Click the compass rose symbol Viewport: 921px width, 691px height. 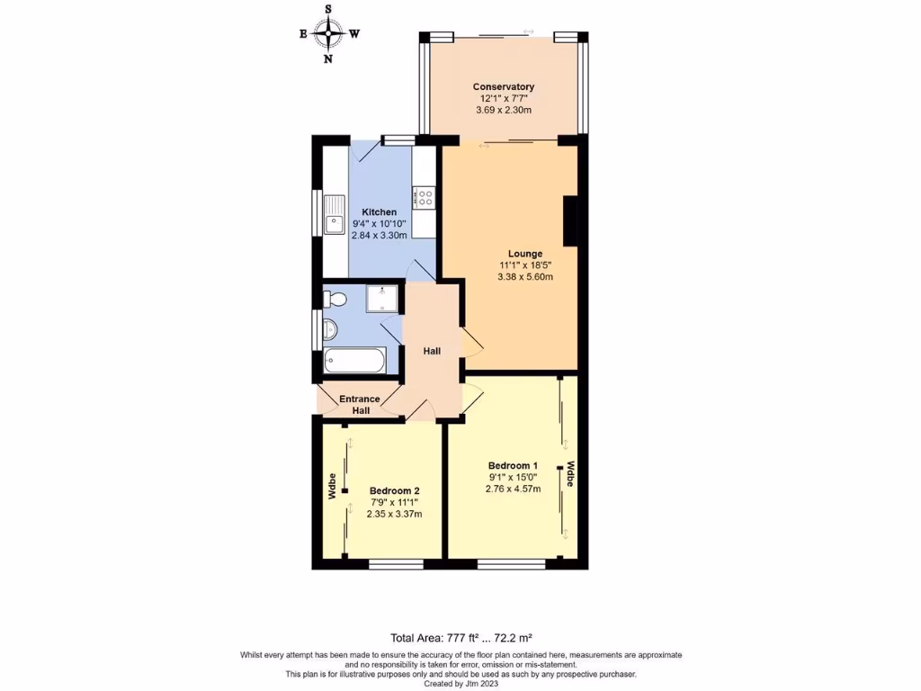(329, 34)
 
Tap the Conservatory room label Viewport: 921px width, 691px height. (504, 87)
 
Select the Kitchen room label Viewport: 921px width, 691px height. (379, 212)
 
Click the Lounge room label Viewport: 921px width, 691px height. (524, 254)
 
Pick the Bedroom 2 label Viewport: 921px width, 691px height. (394, 491)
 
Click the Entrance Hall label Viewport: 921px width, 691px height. (360, 405)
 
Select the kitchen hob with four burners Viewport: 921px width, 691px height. (425, 196)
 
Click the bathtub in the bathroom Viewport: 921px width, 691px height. (354, 362)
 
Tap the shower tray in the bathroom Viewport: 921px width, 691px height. (382, 298)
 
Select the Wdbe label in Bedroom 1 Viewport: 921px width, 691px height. (570, 474)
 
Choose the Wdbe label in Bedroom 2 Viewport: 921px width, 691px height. (332, 486)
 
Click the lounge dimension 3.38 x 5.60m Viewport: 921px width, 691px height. (524, 277)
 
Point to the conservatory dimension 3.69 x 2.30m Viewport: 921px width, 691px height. (504, 110)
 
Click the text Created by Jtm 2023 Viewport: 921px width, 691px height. (460, 683)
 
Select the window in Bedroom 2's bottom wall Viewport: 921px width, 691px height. (396, 564)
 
